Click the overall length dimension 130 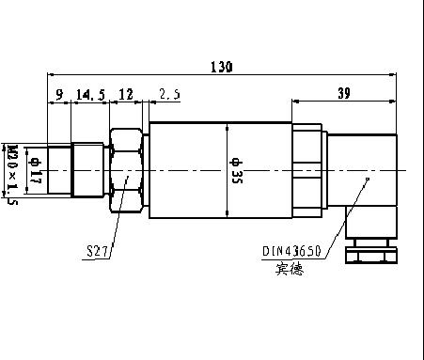[222, 67]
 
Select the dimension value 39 [344, 93]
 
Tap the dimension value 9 [59, 94]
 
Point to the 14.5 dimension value [90, 94]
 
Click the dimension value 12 [126, 94]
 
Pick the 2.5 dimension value [169, 94]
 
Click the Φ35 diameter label [236, 171]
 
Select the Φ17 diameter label [35, 171]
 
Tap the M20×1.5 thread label [12, 175]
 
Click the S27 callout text [97, 251]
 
